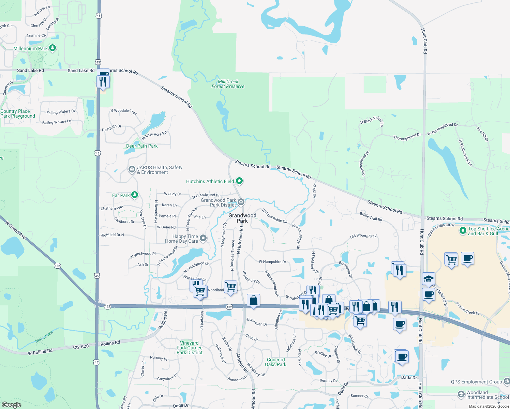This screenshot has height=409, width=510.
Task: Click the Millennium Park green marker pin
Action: coord(52,48)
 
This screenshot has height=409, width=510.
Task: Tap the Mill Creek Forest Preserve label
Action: coord(228,84)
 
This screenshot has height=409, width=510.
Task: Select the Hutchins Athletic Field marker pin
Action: coord(239,181)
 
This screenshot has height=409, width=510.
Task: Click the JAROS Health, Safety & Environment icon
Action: coord(132,169)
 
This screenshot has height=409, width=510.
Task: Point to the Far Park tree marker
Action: coord(135,195)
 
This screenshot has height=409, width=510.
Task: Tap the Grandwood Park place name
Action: coord(242,218)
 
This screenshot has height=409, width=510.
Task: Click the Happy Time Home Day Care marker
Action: coord(203,238)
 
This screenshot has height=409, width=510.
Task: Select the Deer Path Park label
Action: coord(142,146)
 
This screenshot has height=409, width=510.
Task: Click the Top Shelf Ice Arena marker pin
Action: coord(463,231)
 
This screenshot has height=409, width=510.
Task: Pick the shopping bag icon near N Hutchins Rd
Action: coord(253,301)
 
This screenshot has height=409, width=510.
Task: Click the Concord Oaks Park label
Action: coord(276,362)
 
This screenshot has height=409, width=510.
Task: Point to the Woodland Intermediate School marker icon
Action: coord(461,395)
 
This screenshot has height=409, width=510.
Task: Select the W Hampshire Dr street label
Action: coord(272,262)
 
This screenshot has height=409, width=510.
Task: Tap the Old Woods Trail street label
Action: coord(363,236)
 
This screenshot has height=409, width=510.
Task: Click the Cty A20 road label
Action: coord(81,347)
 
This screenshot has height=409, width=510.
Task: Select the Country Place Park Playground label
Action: coord(18,113)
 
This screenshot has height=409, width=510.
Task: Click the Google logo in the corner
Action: coord(11,405)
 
